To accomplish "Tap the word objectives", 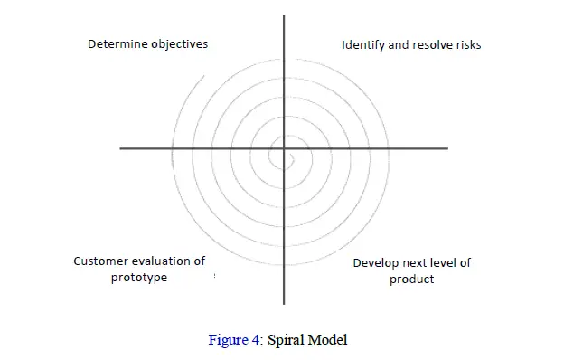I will pos(178,43).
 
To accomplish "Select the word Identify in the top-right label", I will pos(362,44).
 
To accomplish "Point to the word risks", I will pos(468,44).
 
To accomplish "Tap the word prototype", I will pos(139,278).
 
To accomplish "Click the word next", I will pos(417,263).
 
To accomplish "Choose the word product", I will pos(412,279).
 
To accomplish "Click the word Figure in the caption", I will pos(227,340).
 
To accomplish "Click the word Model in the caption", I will pos(327,340).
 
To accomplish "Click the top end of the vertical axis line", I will pos(284,17).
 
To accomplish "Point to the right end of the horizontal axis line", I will pos(446,147).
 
